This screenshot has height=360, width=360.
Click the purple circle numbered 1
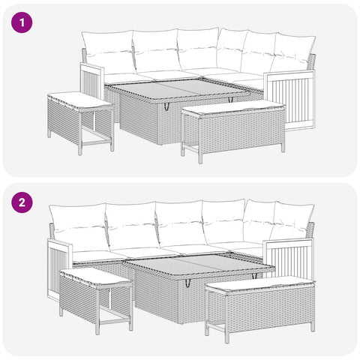(x=22, y=22)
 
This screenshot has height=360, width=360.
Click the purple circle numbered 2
(x=22, y=202)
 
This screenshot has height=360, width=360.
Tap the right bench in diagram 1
(x=233, y=130)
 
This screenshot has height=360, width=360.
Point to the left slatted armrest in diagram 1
(x=91, y=81)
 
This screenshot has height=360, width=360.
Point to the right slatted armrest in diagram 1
(x=289, y=100)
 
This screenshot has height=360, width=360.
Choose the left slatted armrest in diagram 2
(x=59, y=268)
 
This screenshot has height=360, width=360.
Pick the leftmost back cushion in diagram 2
(x=79, y=227)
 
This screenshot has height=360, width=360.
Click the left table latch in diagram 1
(x=166, y=106)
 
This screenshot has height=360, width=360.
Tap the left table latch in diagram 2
(x=187, y=283)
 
